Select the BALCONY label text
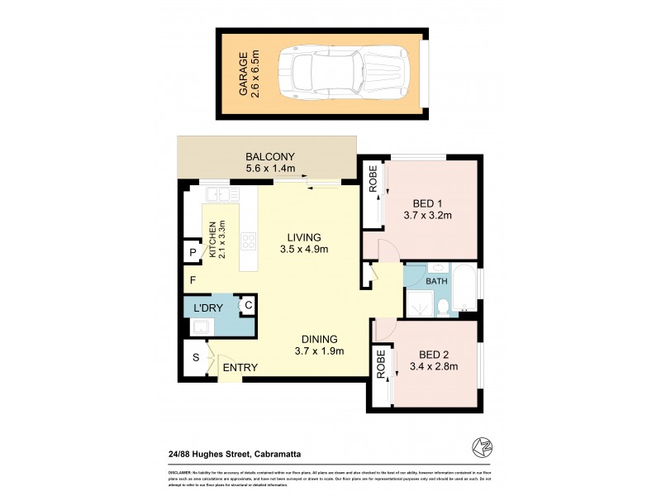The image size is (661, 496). coord(270,157)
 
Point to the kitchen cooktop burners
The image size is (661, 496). coord(248,241)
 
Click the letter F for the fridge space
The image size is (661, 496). coord(192,280)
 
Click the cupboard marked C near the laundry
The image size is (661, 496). coord(248,306)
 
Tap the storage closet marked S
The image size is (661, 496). coord(196,357)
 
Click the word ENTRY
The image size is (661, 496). coord(240,368)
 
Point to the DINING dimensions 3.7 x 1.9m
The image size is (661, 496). coord(319,352)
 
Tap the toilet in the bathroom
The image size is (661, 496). coord(443,308)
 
